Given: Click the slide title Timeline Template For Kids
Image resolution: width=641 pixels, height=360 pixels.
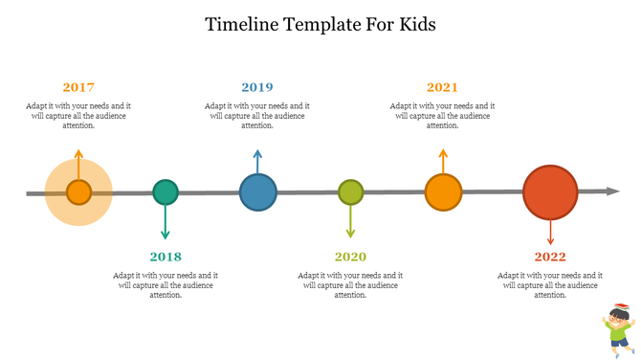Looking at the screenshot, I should (320, 24).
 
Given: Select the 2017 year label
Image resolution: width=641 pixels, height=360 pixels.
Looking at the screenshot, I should (78, 87).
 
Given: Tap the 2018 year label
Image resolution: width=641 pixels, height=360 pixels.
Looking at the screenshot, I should (166, 257).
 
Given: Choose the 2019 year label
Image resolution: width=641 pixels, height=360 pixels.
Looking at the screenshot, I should (256, 87).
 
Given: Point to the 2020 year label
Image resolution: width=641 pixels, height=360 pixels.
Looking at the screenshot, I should (350, 257).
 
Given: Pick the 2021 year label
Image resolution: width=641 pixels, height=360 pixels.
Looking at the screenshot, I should (442, 87).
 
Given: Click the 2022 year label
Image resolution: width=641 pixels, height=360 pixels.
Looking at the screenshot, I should (550, 257).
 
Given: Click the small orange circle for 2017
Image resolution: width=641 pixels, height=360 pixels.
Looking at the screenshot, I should (78, 192).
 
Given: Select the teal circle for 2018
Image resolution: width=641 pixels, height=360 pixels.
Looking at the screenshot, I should (166, 192).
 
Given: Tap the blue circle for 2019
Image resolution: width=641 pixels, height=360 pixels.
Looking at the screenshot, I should (257, 192).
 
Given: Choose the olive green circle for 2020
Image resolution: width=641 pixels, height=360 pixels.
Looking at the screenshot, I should (351, 192).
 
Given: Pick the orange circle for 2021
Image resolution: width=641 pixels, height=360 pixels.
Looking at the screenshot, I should (442, 192).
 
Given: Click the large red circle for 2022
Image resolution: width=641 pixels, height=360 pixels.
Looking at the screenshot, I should (550, 192).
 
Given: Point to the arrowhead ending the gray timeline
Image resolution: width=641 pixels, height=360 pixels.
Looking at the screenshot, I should (613, 191).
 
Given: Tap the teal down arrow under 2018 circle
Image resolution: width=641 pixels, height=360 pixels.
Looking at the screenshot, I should (166, 224).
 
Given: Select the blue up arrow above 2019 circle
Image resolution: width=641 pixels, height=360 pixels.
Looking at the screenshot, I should (257, 160).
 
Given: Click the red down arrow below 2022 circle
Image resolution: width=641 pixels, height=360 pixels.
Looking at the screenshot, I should (550, 235).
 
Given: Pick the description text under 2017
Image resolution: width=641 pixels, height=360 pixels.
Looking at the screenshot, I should (78, 115).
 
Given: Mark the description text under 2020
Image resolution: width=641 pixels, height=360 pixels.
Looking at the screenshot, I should (350, 284).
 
